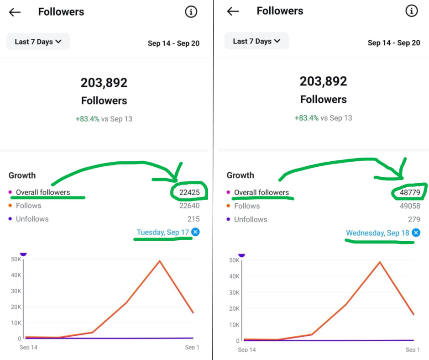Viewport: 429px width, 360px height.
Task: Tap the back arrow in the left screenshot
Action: (x=15, y=12)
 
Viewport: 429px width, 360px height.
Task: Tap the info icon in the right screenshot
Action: (x=411, y=11)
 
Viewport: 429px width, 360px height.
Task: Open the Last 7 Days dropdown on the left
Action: (x=38, y=42)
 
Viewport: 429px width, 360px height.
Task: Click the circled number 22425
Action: (x=189, y=192)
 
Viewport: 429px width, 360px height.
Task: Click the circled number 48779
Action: (x=410, y=192)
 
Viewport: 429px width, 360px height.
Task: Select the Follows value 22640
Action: (x=189, y=206)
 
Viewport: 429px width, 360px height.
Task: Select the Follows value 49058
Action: (x=410, y=206)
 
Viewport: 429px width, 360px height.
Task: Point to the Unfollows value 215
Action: (x=194, y=219)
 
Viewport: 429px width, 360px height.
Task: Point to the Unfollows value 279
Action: (x=414, y=219)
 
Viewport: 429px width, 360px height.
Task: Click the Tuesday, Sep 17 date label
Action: (x=162, y=232)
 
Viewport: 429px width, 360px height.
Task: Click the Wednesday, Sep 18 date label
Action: (x=377, y=233)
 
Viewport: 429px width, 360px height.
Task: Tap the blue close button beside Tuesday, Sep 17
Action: (x=195, y=232)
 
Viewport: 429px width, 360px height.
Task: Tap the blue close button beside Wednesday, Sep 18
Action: (x=416, y=233)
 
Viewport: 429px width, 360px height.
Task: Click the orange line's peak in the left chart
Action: (x=159, y=261)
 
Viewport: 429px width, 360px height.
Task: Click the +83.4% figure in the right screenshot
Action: (x=306, y=118)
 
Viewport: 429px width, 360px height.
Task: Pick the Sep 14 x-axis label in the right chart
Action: (x=246, y=349)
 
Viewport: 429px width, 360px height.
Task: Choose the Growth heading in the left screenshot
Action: (x=22, y=175)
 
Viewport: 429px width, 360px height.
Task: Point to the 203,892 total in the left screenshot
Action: (x=104, y=83)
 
